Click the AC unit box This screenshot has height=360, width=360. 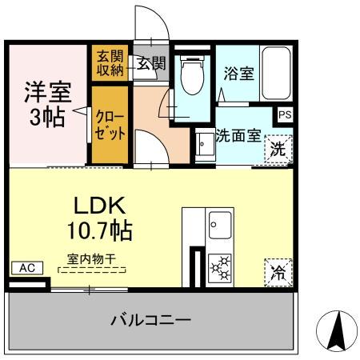25,268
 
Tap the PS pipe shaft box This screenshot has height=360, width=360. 285,114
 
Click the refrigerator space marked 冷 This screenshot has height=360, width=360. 276,272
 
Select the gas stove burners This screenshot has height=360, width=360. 219,268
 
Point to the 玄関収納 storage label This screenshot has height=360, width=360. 106,63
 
